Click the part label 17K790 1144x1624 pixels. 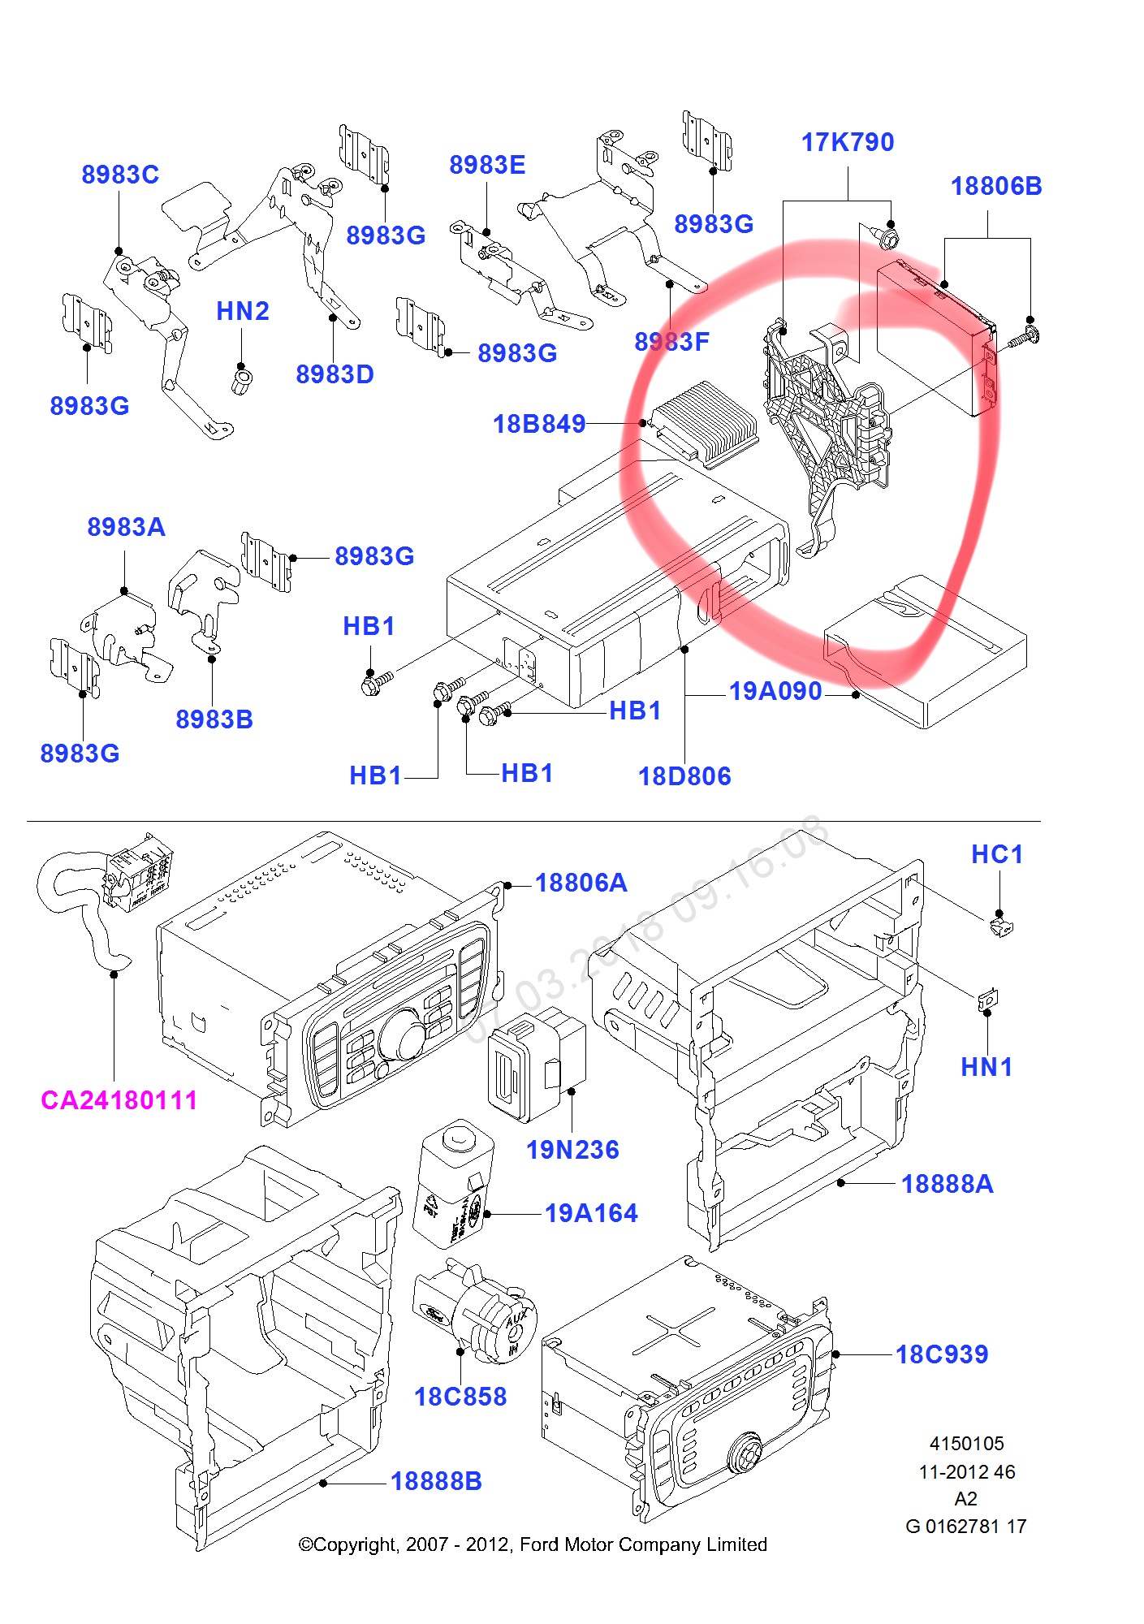(x=847, y=143)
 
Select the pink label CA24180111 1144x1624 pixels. (x=119, y=1100)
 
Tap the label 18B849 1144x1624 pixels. (x=539, y=424)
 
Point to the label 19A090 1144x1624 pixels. (x=775, y=691)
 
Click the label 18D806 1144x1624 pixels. (x=684, y=776)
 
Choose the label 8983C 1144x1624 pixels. (x=120, y=175)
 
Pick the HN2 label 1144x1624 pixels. (x=242, y=311)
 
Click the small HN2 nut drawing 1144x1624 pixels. (x=241, y=380)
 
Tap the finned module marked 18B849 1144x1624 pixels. (x=705, y=421)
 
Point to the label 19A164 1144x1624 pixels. (x=591, y=1213)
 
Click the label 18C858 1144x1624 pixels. (x=460, y=1397)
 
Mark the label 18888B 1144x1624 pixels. (x=436, y=1481)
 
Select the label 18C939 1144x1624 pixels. (x=942, y=1354)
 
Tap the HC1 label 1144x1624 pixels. (x=997, y=854)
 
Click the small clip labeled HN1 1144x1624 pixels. (x=987, y=1000)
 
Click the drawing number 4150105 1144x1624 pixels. (x=966, y=1444)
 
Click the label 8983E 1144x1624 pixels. (x=487, y=165)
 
